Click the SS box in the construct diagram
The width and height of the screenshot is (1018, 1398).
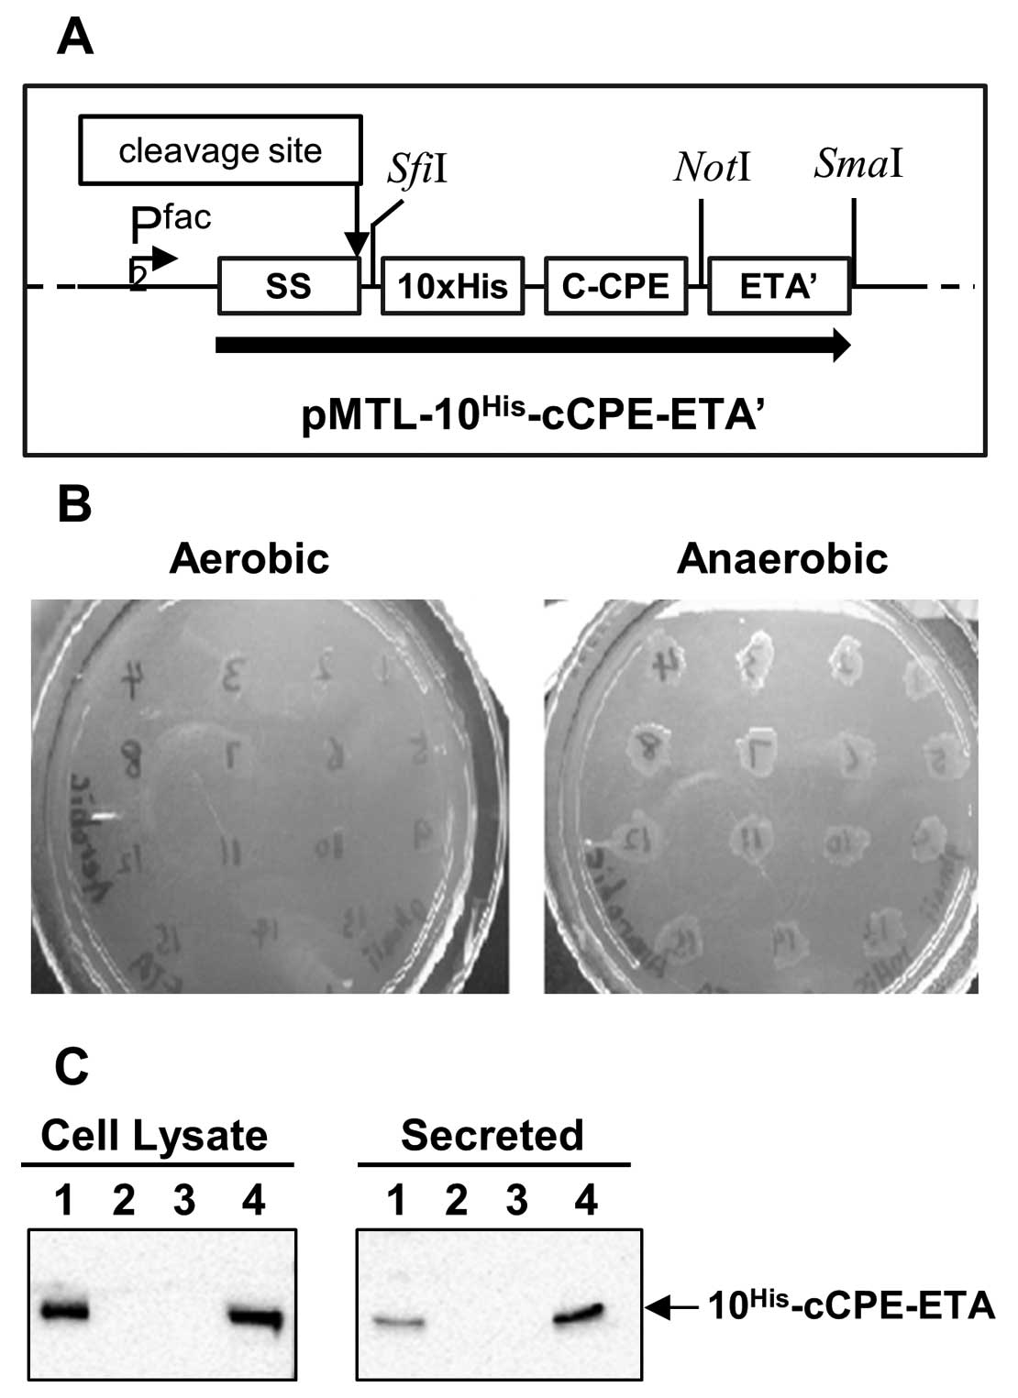[x=289, y=286]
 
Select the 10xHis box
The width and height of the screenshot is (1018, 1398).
[x=452, y=286]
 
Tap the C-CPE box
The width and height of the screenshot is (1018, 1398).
[x=615, y=286]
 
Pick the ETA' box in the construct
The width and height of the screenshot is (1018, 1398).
[x=780, y=286]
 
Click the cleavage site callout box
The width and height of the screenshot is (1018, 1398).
[x=220, y=149]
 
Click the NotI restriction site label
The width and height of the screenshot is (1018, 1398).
[x=712, y=168]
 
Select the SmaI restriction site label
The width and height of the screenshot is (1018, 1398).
[x=858, y=164]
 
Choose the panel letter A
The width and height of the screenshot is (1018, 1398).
[x=74, y=39]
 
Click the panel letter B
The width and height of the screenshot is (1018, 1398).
[x=74, y=503]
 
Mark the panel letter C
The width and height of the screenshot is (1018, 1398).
[x=72, y=1066]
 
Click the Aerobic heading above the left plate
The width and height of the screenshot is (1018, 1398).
[x=249, y=558]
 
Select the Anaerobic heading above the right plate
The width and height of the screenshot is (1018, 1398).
[x=782, y=558]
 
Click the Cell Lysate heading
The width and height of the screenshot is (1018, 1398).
[x=154, y=1136]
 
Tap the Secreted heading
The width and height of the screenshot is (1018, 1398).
[x=492, y=1136]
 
